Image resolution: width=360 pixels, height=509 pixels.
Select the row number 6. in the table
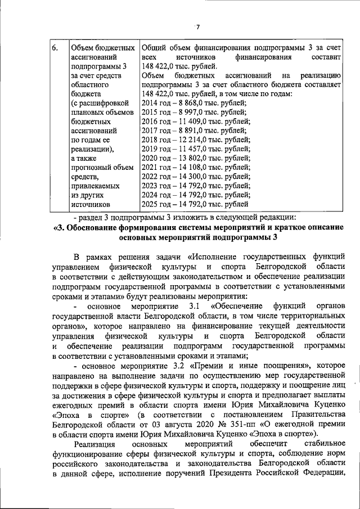(x=56, y=48)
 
